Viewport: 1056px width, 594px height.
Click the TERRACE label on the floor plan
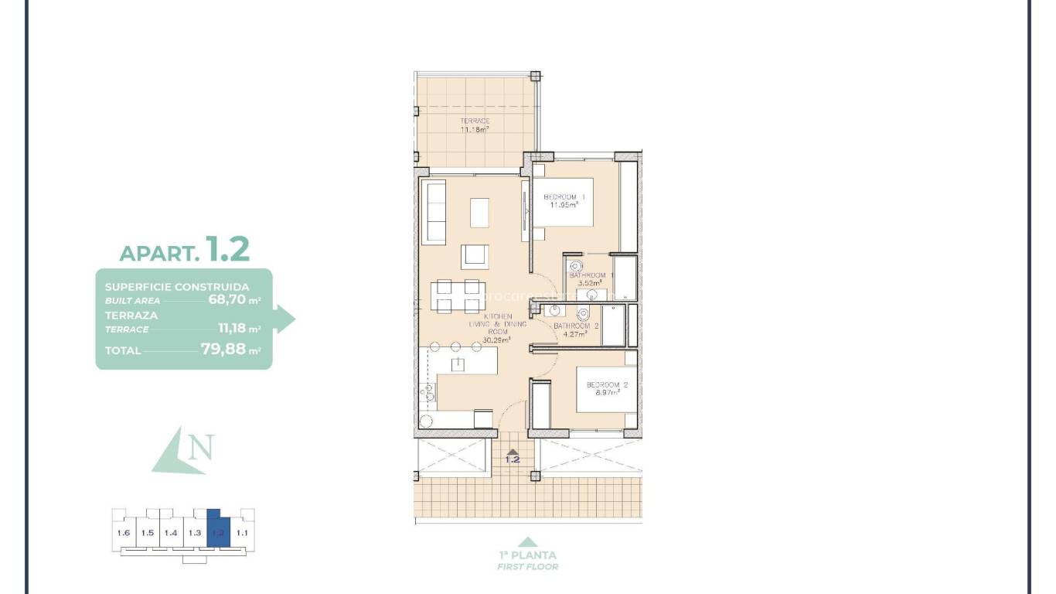475,121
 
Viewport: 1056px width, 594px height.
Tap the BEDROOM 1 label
564,197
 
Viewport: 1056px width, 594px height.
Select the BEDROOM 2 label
607,384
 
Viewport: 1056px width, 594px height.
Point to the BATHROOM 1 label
591,275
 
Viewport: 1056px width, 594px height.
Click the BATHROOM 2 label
576,326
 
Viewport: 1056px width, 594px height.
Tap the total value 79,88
223,349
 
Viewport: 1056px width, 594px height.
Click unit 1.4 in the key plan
171,533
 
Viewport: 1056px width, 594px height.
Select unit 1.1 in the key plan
242,533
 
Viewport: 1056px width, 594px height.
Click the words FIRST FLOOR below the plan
527,566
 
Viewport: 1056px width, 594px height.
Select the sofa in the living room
436,211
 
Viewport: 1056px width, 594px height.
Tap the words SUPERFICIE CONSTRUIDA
176,286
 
